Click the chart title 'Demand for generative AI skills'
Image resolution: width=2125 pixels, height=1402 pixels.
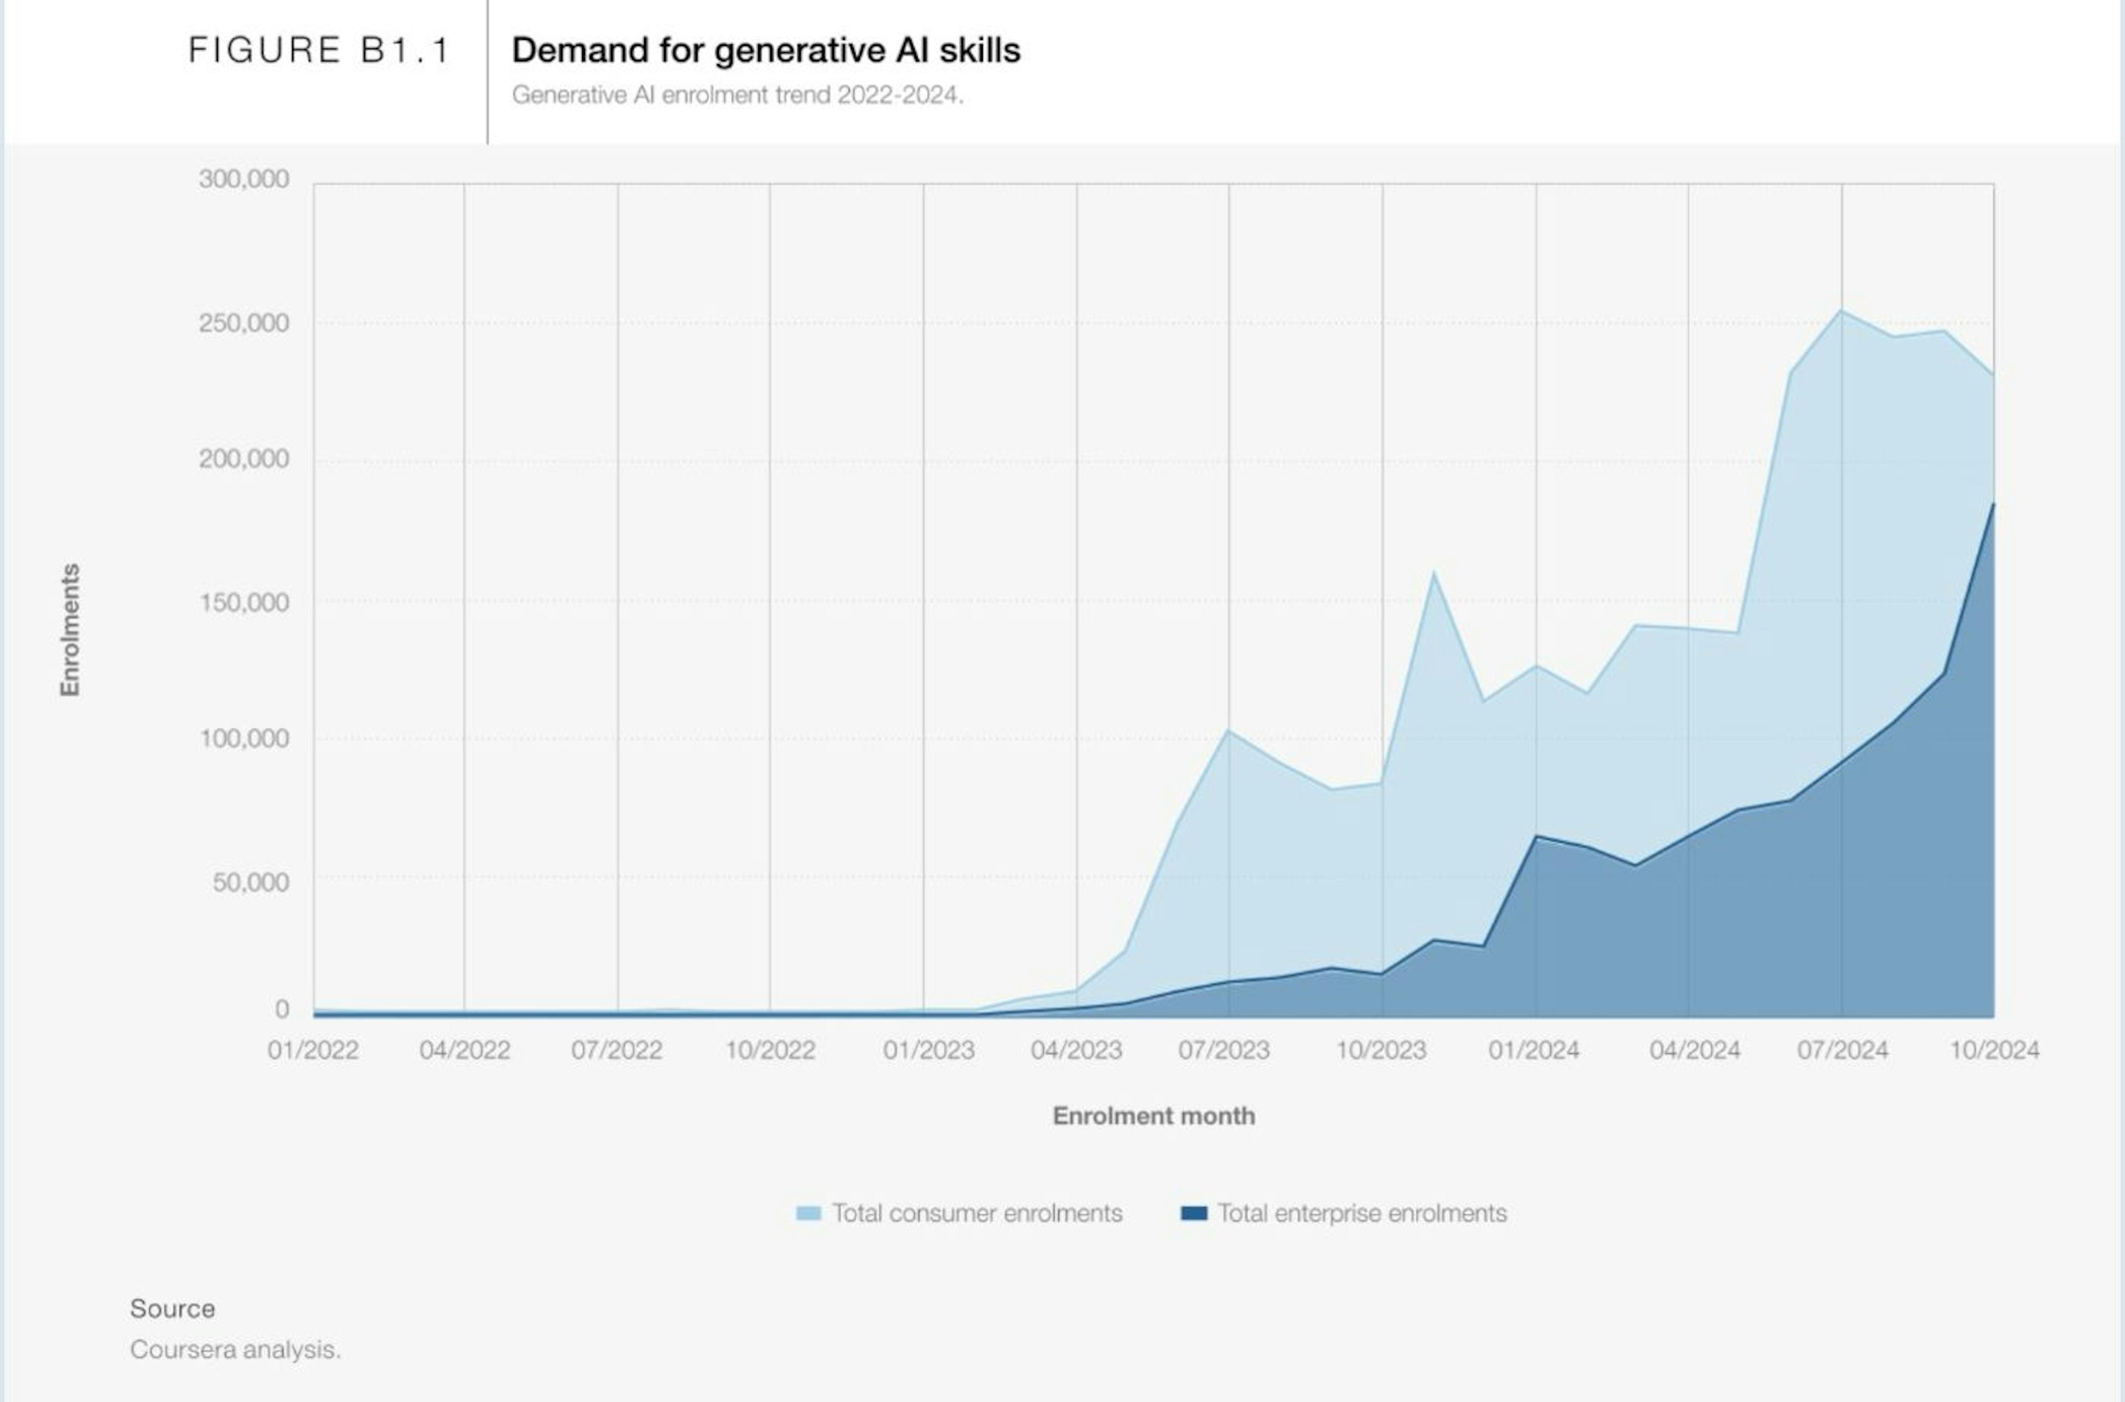765,50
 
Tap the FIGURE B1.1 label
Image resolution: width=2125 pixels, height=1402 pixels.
318,50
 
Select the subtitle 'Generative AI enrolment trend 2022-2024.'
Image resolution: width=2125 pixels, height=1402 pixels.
738,95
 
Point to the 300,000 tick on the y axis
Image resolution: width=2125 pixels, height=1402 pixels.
244,179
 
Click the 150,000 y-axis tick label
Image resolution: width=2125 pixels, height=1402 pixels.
244,602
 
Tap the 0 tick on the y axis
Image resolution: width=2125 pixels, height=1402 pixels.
282,1010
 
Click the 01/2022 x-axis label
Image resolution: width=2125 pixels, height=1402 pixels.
313,1050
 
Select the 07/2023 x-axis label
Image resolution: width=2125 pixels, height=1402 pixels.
1224,1050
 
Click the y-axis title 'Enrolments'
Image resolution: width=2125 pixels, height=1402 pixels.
70,630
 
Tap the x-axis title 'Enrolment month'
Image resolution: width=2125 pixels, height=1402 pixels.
1154,1116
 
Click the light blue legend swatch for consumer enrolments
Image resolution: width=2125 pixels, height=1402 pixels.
808,1213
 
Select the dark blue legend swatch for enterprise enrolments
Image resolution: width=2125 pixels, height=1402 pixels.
1194,1213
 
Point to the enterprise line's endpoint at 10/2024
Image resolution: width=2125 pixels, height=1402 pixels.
1993,503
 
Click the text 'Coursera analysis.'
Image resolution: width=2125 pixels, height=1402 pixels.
235,1349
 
